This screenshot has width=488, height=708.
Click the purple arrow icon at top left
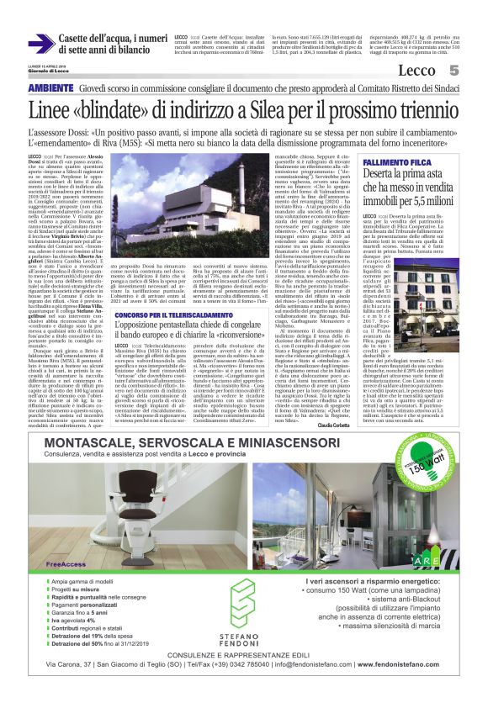pos(40,45)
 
